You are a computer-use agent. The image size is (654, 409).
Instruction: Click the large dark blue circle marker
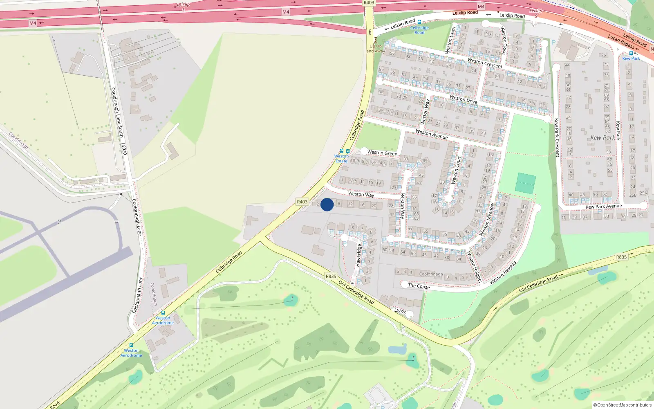327,204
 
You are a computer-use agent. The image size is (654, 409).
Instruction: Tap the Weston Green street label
382,153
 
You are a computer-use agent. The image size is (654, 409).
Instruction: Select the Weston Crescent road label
485,63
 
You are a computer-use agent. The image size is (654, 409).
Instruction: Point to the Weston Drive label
464,99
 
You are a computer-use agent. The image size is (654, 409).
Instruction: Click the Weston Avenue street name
432,134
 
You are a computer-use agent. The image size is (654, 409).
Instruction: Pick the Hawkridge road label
358,255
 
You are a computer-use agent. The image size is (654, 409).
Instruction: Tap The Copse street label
419,286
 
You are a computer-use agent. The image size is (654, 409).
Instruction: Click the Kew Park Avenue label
604,207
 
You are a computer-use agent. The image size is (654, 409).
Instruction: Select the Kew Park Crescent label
557,137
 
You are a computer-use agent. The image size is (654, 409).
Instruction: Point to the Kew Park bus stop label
631,58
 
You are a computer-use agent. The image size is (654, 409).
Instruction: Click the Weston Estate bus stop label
342,158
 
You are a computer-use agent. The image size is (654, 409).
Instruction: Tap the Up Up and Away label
376,49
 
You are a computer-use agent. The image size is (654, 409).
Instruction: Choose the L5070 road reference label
124,149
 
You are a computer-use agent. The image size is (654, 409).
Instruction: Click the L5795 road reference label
400,311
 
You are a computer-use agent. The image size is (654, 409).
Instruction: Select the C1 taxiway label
60,222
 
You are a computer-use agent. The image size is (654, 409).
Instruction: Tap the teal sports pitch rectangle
526,183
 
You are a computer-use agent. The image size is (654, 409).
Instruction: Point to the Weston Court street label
456,170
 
